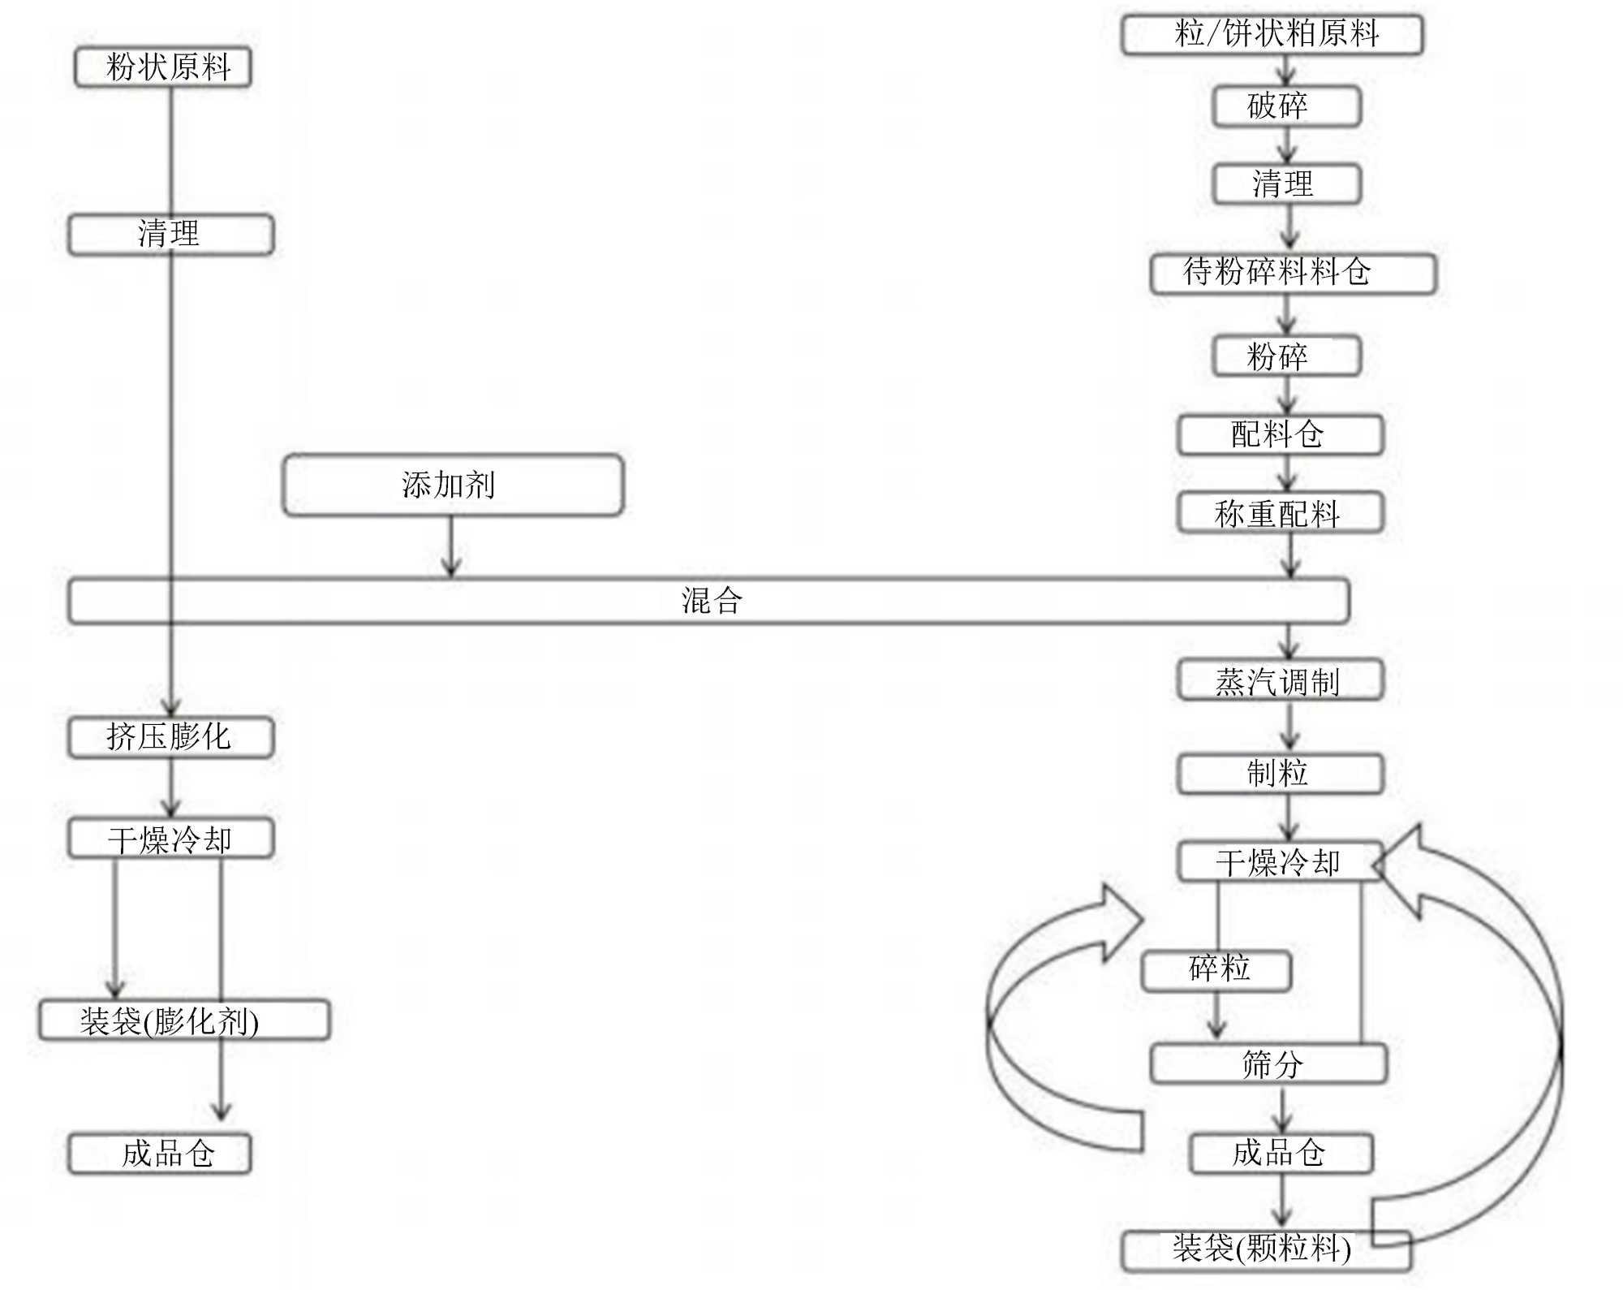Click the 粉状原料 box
coord(163,67)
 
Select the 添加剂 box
coord(453,485)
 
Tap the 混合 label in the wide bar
coord(711,601)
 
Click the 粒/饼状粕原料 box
coord(1272,35)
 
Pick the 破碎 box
coord(1286,106)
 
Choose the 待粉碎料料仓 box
coord(1293,273)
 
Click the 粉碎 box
coord(1286,356)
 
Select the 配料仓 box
coord(1280,434)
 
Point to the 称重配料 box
coord(1280,513)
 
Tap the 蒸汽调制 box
coord(1280,681)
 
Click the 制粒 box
coord(1280,774)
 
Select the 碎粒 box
coord(1216,970)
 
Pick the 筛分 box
coord(1268,1063)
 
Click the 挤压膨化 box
coord(170,737)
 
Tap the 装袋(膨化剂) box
coord(184,1020)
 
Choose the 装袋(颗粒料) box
coord(1266,1250)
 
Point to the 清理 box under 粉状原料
coord(170,235)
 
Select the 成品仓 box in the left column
coord(160,1154)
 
